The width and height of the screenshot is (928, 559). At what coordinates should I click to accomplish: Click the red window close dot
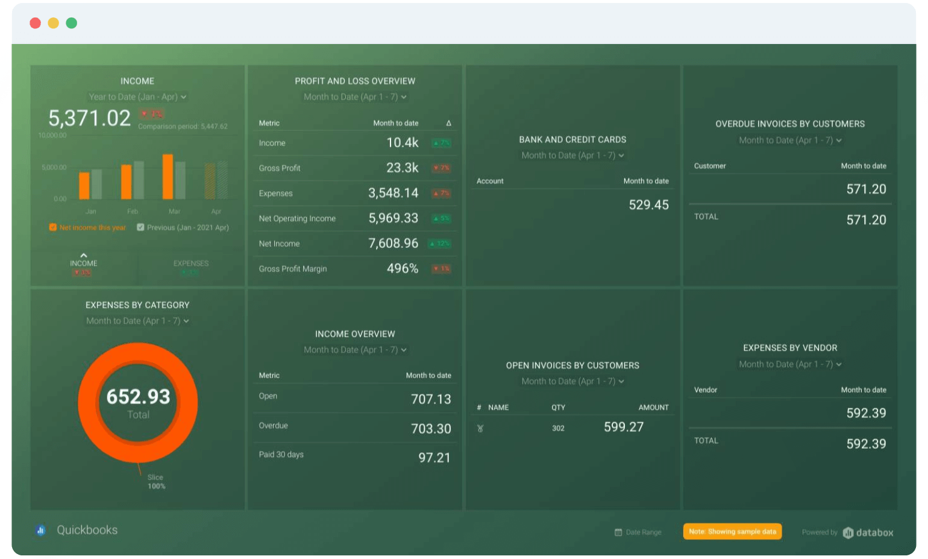[x=35, y=23]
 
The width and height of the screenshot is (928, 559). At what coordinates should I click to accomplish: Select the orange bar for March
[x=168, y=177]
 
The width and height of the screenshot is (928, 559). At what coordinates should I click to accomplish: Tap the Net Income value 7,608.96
[x=393, y=243]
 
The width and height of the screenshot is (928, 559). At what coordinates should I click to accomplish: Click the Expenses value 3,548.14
[x=393, y=193]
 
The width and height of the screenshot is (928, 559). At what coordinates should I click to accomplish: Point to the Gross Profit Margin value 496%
[x=402, y=268]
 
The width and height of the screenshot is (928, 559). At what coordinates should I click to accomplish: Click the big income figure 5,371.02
[x=89, y=118]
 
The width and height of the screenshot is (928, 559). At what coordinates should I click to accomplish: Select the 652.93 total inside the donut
[x=138, y=397]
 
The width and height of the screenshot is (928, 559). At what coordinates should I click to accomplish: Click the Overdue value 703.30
[x=430, y=429]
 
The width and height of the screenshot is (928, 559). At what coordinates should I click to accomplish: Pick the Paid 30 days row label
[x=281, y=455]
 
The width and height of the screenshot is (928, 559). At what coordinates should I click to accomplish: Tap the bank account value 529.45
[x=648, y=205]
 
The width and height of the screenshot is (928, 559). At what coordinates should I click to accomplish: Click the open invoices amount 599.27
[x=623, y=427]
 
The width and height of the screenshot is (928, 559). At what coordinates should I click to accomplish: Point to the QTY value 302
[x=558, y=428]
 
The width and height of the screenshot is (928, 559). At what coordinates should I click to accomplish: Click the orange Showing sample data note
[x=732, y=531]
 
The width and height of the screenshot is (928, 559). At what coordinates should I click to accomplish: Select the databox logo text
[x=874, y=532]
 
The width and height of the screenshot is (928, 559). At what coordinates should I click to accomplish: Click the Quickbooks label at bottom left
[x=87, y=530]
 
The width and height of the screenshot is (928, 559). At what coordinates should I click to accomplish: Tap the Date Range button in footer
[x=638, y=532]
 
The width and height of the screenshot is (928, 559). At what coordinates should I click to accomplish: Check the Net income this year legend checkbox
[x=53, y=227]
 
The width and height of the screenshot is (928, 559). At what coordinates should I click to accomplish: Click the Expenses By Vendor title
[x=789, y=348]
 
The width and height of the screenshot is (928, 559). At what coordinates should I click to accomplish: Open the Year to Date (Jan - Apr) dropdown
[x=137, y=97]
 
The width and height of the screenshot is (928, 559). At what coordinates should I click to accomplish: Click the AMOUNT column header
[x=653, y=408]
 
